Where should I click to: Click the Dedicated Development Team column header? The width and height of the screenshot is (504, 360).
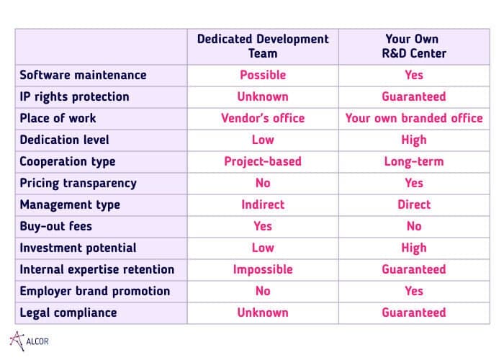[x=263, y=46]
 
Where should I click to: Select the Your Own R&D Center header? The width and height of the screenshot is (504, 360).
[x=414, y=46]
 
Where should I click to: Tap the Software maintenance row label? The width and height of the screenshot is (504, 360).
[x=83, y=75]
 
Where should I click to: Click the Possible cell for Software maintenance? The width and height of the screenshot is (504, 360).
[x=263, y=75]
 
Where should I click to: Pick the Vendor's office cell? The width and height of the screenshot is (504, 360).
[x=263, y=118]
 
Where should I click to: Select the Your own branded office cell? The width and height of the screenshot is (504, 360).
[x=414, y=118]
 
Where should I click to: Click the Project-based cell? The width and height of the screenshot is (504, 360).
[x=263, y=161]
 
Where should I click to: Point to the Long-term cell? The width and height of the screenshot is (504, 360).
[x=414, y=161]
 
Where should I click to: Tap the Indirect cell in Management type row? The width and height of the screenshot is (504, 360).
[x=263, y=204]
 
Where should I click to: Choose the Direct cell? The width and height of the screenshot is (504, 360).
[x=414, y=204]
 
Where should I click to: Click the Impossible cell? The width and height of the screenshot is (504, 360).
[x=263, y=269]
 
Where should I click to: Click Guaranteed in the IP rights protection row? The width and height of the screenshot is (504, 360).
[x=414, y=96]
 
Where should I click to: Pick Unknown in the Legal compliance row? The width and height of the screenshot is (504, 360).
[x=263, y=312]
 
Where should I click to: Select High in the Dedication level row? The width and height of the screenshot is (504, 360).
[x=414, y=140]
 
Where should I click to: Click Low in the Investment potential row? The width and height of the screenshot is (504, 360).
[x=263, y=248]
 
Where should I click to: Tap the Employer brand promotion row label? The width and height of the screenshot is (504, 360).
[x=95, y=291]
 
